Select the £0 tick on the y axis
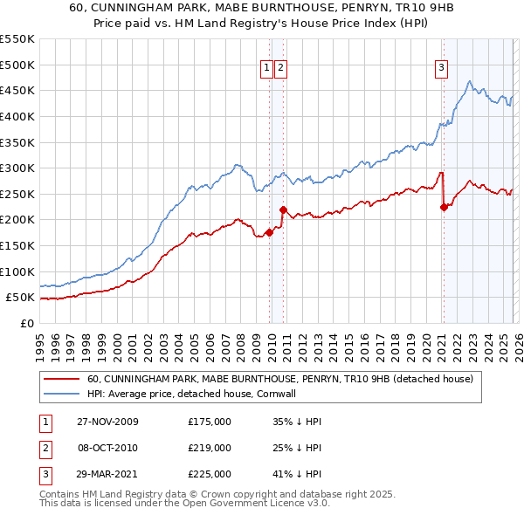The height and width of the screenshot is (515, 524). tap(27, 323)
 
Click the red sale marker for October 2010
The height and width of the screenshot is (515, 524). tap(283, 209)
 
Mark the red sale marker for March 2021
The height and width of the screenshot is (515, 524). tap(444, 207)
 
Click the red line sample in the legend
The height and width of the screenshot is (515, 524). tap(62, 379)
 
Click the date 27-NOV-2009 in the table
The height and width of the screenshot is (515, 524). tap(107, 422)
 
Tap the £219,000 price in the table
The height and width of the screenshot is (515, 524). tap(209, 448)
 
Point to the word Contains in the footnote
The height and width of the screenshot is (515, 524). tap(61, 494)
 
